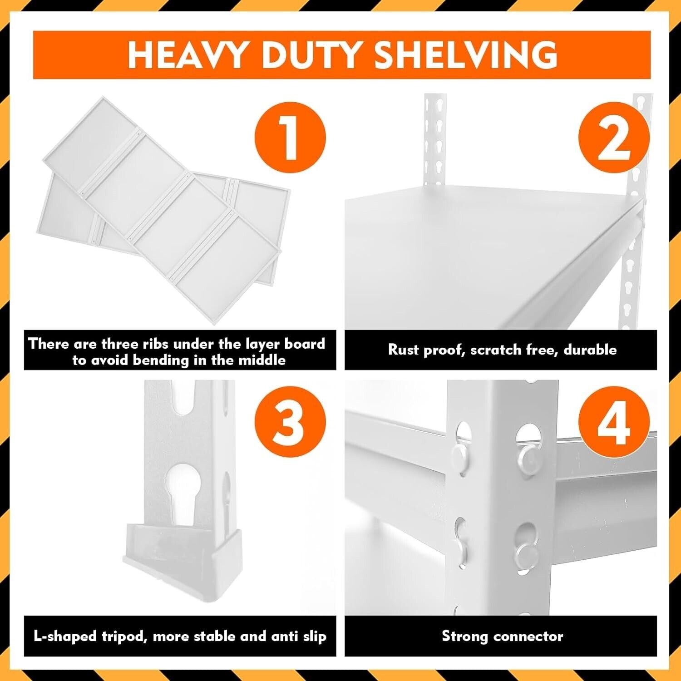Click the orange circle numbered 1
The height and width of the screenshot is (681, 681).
coord(290,137)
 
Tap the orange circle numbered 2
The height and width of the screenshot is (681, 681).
coord(614,137)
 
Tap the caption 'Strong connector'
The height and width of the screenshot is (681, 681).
coord(503,636)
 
